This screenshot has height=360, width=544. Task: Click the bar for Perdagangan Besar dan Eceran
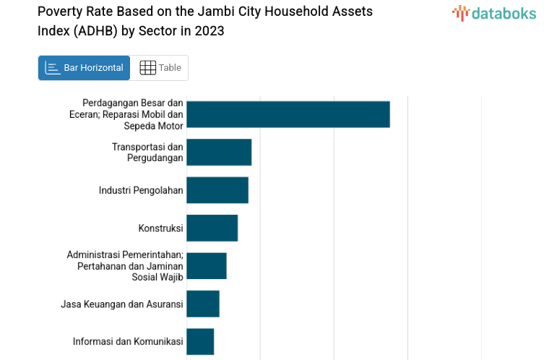tap(288, 114)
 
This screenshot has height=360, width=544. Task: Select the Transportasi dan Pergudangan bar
tap(219, 153)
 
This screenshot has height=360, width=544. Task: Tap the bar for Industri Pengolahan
tap(217, 190)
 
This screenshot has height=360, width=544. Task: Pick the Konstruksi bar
tap(212, 228)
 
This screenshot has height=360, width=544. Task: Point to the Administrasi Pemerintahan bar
tap(206, 266)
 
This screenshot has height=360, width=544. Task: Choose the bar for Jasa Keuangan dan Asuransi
tap(202, 304)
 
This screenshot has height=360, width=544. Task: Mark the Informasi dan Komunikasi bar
tap(200, 341)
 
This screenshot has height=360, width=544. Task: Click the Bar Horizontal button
tap(84, 68)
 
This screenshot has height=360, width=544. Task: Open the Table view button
tap(160, 68)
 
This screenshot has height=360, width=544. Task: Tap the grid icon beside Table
tap(147, 68)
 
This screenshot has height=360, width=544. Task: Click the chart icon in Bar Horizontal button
tap(52, 68)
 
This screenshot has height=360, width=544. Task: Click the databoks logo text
tap(504, 13)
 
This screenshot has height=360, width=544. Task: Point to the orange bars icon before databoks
tap(460, 13)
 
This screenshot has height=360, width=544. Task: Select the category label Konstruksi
tap(160, 228)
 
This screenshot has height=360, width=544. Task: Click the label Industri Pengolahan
tap(141, 190)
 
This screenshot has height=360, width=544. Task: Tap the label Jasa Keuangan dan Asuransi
tap(122, 304)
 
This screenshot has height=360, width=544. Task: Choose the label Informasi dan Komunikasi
tap(128, 341)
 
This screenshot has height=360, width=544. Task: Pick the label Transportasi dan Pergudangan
tap(147, 153)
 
